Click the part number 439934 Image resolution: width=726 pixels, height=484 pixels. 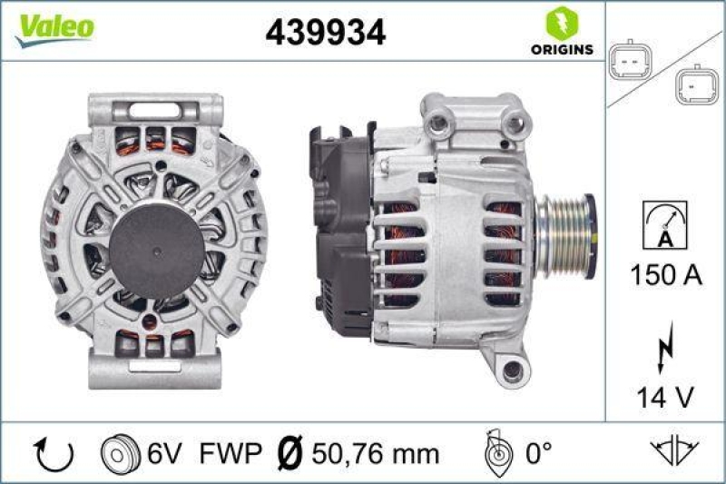[x=326, y=34]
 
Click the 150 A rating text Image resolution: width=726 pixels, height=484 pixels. [x=666, y=274]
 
